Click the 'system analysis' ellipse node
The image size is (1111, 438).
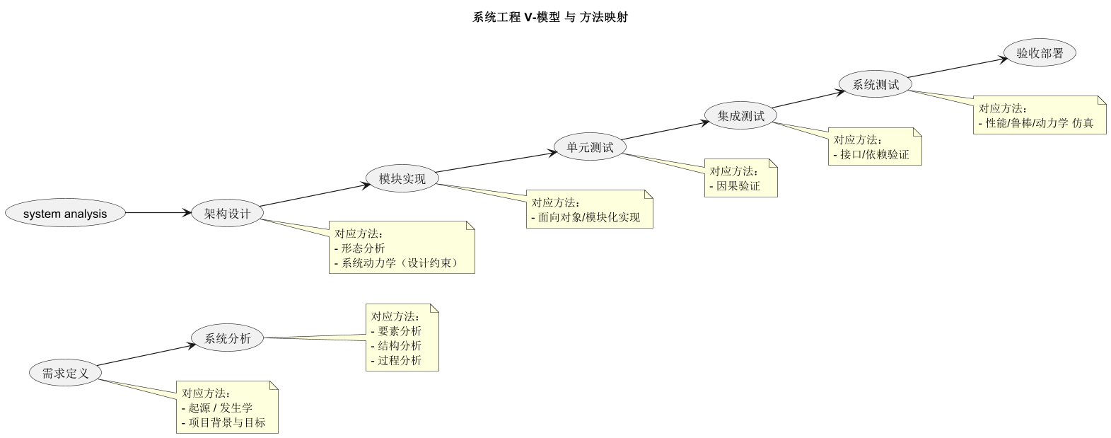coord(65,213)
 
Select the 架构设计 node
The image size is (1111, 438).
coord(228,213)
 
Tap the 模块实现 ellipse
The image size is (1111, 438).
coord(402,178)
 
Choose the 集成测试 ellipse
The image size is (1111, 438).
coord(741,115)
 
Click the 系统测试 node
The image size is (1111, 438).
coord(876,84)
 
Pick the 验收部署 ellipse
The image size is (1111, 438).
coord(1040,53)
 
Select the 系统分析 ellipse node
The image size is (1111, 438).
coord(228,338)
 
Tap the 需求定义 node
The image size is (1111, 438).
coord(66,373)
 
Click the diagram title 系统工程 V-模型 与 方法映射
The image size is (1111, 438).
coord(550,18)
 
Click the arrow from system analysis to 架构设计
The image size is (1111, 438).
coord(159,212)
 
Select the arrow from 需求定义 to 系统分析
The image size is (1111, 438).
coord(146,355)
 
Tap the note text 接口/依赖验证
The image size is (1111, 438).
coord(874,154)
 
